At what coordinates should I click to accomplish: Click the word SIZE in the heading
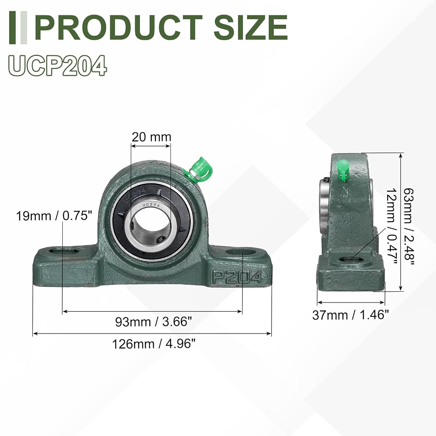coord(251,27)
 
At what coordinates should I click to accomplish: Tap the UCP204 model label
coord(58,66)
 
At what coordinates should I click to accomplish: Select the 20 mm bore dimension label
coord(151,137)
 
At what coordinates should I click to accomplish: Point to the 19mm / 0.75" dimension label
coord(54,216)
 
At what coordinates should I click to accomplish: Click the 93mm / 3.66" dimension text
coord(153,322)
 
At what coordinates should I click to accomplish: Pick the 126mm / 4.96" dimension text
coord(154,344)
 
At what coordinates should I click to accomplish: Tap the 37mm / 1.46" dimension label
coord(350,315)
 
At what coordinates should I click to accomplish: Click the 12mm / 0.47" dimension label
coord(392,227)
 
